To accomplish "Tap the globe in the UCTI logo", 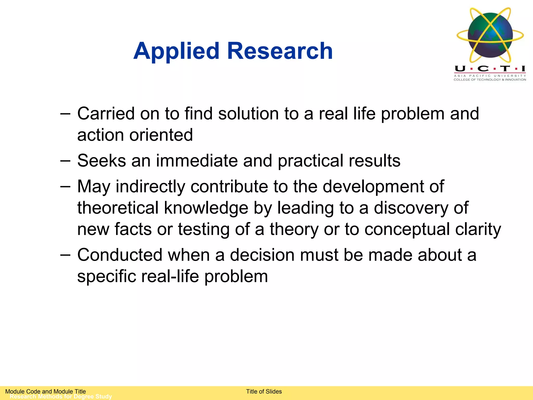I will tap(490, 35).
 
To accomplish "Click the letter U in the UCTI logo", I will tap(460, 68).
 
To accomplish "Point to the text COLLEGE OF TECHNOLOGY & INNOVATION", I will tap(490, 80).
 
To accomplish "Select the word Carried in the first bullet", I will tap(106, 114).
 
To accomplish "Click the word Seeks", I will tap(101, 161).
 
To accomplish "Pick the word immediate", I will tap(197, 161).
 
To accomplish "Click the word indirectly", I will tap(150, 187).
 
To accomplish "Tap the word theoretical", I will tap(118, 208).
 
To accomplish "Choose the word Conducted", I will tap(120, 255).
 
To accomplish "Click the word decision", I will tap(262, 255).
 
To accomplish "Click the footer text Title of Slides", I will tap(264, 391).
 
